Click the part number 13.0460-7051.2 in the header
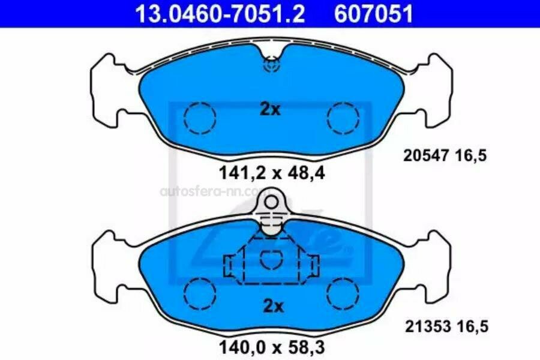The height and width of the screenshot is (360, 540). coord(220,14)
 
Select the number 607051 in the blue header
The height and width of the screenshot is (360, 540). coord(373,14)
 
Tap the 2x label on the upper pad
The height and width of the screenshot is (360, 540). coord(271,109)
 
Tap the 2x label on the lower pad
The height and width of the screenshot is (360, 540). coord(274,306)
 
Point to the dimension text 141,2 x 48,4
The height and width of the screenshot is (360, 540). coord(272,173)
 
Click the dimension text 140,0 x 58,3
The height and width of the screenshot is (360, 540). coord(272,347)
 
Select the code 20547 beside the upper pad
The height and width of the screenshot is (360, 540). coord(426,156)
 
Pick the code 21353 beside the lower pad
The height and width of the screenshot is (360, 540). coord(428,326)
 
